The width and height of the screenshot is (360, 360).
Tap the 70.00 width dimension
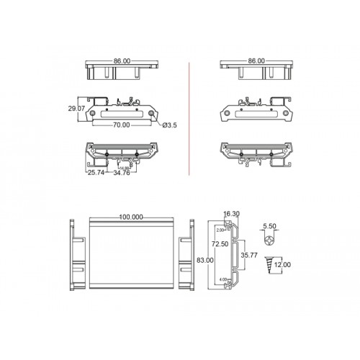pyautogui.click(x=121, y=125)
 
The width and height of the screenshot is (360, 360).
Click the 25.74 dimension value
pyautogui.click(x=96, y=173)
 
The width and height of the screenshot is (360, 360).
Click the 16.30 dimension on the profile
pyautogui.click(x=232, y=214)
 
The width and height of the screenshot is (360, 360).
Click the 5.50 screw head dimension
pyautogui.click(x=271, y=226)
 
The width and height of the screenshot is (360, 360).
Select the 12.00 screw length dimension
pyautogui.click(x=283, y=265)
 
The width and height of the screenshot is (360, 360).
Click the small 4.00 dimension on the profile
pyautogui.click(x=223, y=279)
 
